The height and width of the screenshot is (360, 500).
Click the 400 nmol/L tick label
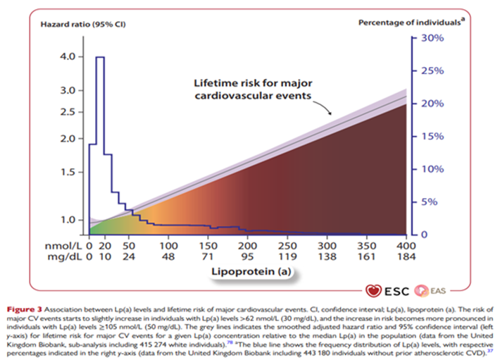click(406, 245)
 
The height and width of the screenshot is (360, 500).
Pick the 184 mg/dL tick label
click(406, 259)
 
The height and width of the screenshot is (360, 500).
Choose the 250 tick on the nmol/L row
click(287, 245)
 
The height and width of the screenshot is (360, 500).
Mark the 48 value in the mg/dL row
click(168, 259)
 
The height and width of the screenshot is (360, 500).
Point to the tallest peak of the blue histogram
click(101, 58)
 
